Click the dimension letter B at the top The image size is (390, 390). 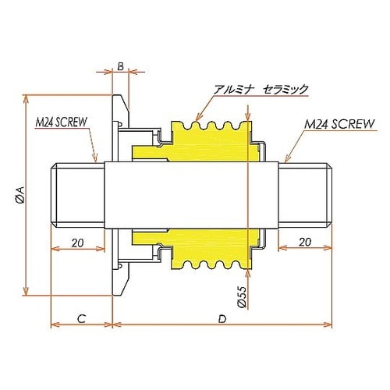(121, 66)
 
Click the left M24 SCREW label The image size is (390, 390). (60, 122)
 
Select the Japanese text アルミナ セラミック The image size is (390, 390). (264, 90)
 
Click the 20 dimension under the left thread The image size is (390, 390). (76, 243)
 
